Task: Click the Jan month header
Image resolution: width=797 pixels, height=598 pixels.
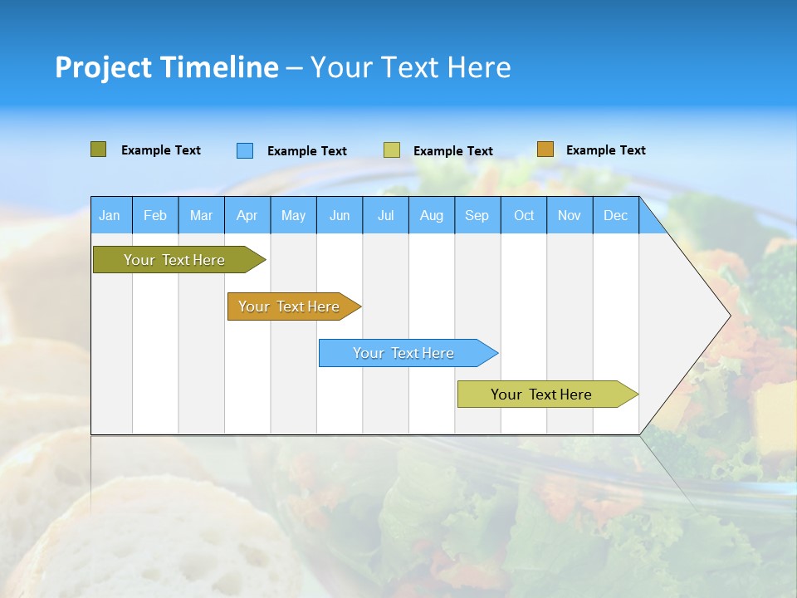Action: coord(110,215)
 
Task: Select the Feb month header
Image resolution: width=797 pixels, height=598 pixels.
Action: coord(155,215)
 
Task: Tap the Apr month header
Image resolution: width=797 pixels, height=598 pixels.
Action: coord(247,215)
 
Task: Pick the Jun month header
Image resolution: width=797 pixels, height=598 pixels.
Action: coord(340,215)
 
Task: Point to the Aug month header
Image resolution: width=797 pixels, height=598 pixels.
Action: coord(431,215)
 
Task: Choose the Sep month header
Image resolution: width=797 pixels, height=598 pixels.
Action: coord(477,215)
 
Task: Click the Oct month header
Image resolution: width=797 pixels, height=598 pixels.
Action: coord(524,215)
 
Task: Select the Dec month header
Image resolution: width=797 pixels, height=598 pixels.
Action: coord(615,215)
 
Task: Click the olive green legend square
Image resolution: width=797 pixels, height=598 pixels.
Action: coord(98,149)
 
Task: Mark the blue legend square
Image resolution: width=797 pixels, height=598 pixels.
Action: coord(245,150)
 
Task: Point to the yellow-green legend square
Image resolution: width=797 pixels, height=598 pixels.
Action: coord(392,150)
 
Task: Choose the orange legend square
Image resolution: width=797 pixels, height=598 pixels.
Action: coord(545,149)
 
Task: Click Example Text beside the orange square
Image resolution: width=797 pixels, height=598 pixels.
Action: coord(605,150)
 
